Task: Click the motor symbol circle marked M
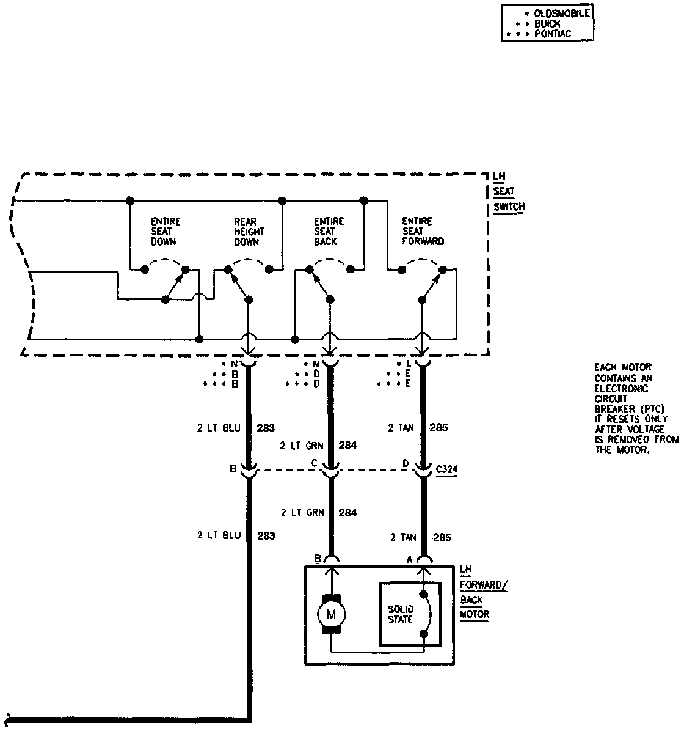tap(332, 614)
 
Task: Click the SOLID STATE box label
tap(401, 614)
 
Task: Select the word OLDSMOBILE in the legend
tap(562, 13)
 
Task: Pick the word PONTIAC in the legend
tap(553, 34)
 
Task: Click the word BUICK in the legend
tap(547, 23)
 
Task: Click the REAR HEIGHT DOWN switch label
tap(249, 231)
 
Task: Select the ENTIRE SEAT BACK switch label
tap(329, 231)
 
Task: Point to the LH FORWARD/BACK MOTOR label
tap(482, 592)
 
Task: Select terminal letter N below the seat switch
tap(233, 364)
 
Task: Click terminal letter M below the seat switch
tap(316, 364)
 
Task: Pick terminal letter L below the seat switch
tap(407, 364)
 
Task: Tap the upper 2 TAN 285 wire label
tap(418, 427)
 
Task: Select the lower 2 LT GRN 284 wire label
tap(318, 513)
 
